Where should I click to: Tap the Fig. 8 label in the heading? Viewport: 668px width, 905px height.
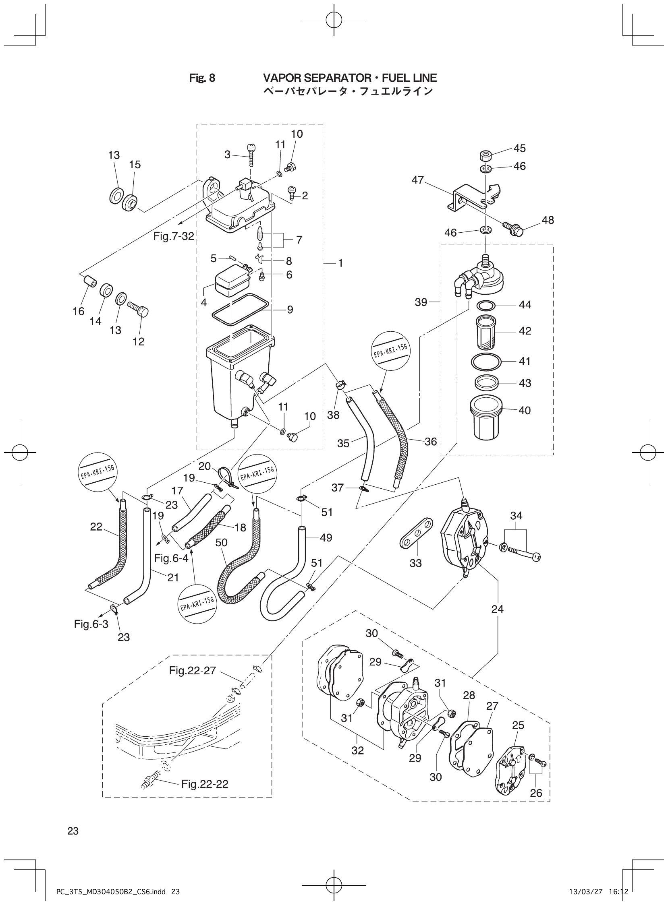[202, 78]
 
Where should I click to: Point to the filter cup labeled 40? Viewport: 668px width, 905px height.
[485, 418]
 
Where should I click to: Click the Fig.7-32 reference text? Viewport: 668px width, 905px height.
[174, 236]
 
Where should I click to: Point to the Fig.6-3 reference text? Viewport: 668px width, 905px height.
[91, 624]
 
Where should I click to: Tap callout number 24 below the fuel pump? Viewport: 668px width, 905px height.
[497, 609]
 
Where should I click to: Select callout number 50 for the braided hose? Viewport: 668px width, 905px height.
[221, 543]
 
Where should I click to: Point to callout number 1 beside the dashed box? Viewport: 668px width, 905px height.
[340, 263]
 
